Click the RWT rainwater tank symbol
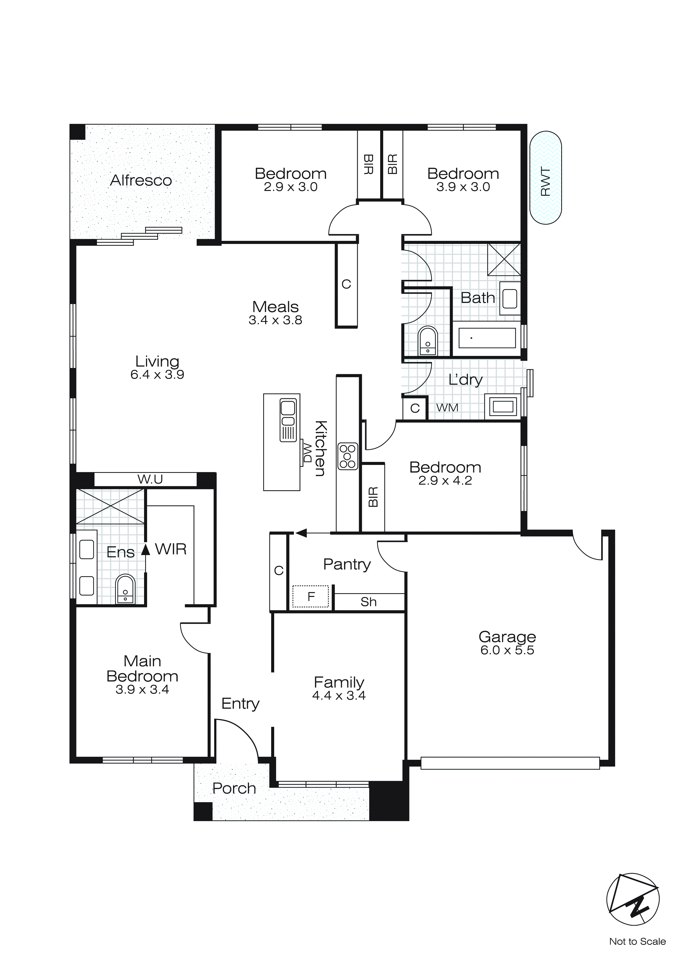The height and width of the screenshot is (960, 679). click(x=545, y=178)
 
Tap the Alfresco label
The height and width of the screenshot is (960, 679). click(x=141, y=180)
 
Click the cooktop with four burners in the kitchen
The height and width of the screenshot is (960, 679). click(x=348, y=456)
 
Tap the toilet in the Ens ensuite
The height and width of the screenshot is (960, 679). click(x=125, y=590)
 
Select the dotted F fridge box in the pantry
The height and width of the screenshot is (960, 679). click(x=311, y=597)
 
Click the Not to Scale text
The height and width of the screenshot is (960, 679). click(x=637, y=942)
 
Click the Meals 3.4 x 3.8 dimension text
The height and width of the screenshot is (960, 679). click(x=275, y=320)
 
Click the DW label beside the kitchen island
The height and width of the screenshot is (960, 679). click(x=307, y=453)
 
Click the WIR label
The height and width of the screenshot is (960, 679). click(x=171, y=549)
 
